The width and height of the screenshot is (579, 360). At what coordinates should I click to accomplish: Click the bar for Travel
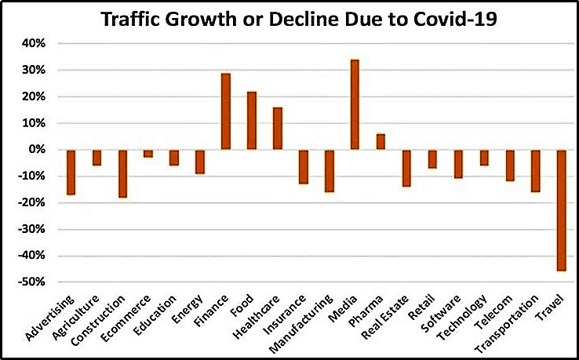coord(562,210)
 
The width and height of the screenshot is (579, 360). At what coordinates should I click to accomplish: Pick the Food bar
coord(252,121)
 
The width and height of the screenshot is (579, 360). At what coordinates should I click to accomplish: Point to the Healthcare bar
coord(278,129)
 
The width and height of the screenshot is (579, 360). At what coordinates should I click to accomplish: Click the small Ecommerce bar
coord(148,154)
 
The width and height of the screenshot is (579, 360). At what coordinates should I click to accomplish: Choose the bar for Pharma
coord(381,142)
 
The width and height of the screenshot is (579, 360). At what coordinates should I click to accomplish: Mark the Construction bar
coord(122,173)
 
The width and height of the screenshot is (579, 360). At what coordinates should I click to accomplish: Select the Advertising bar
coord(71,172)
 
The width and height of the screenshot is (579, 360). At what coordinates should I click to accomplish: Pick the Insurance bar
coord(304,166)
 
